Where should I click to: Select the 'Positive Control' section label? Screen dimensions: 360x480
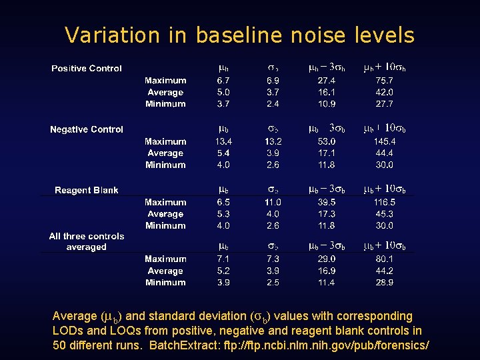(x=87, y=69)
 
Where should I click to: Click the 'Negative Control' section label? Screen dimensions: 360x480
(x=87, y=129)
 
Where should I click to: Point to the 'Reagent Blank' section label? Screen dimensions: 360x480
(x=87, y=191)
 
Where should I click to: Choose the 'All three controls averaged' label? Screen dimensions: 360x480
(x=87, y=241)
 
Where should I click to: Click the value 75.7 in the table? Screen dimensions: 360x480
(x=384, y=81)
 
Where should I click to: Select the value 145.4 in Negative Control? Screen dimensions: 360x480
(x=384, y=141)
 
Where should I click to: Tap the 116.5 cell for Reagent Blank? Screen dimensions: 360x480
(x=384, y=202)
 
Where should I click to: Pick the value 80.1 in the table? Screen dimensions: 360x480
(x=384, y=259)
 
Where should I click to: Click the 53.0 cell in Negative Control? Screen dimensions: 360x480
(x=326, y=141)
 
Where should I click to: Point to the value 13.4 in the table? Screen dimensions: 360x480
(x=223, y=141)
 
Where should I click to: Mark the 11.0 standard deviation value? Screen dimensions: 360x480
(x=273, y=202)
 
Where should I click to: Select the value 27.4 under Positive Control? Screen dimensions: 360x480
(x=326, y=81)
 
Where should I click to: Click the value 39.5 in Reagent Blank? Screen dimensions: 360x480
(x=326, y=202)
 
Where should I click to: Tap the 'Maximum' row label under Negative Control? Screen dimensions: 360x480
(x=165, y=141)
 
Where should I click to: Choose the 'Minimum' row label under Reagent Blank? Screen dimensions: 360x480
(x=165, y=226)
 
